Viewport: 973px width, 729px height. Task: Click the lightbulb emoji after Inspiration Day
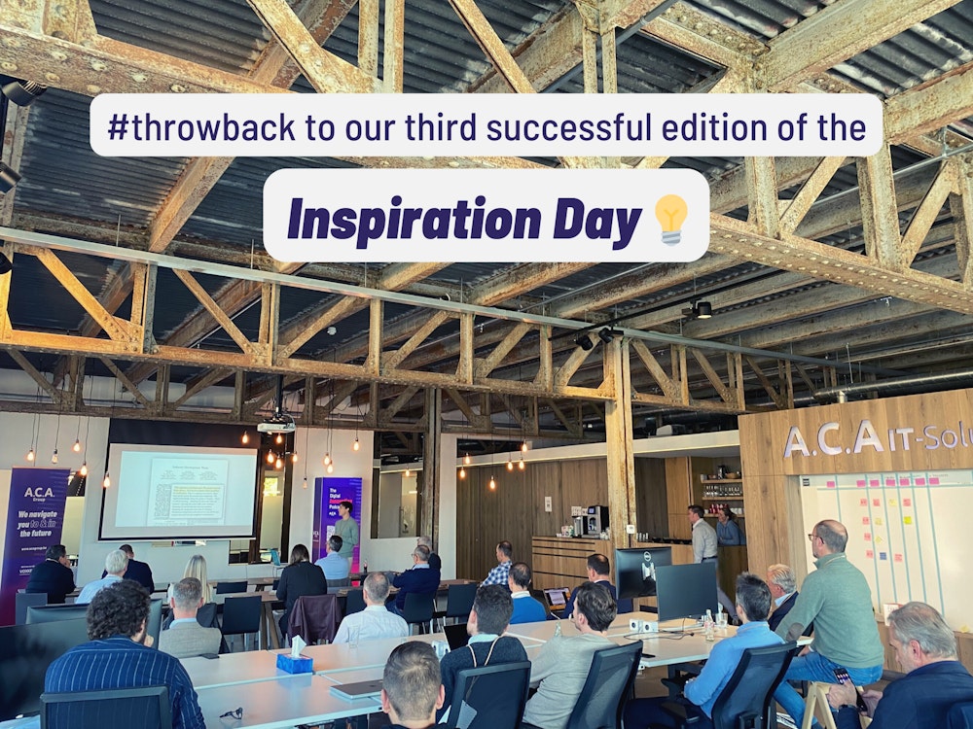click(x=670, y=218)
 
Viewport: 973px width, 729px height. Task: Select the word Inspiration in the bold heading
click(x=414, y=221)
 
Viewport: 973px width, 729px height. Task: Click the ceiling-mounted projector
click(x=276, y=425)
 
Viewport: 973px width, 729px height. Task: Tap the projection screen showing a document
click(x=180, y=491)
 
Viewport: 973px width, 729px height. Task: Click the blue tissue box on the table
click(x=294, y=662)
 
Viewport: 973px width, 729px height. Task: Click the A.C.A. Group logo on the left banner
click(x=39, y=492)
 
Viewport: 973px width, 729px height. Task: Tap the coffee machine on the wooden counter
click(x=594, y=521)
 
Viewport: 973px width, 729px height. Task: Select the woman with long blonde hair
click(x=199, y=581)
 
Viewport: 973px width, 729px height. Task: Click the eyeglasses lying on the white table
click(x=230, y=712)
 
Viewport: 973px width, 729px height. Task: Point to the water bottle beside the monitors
click(x=708, y=625)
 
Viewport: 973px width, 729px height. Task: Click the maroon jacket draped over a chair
click(x=313, y=618)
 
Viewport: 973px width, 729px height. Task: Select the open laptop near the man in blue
click(x=557, y=598)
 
